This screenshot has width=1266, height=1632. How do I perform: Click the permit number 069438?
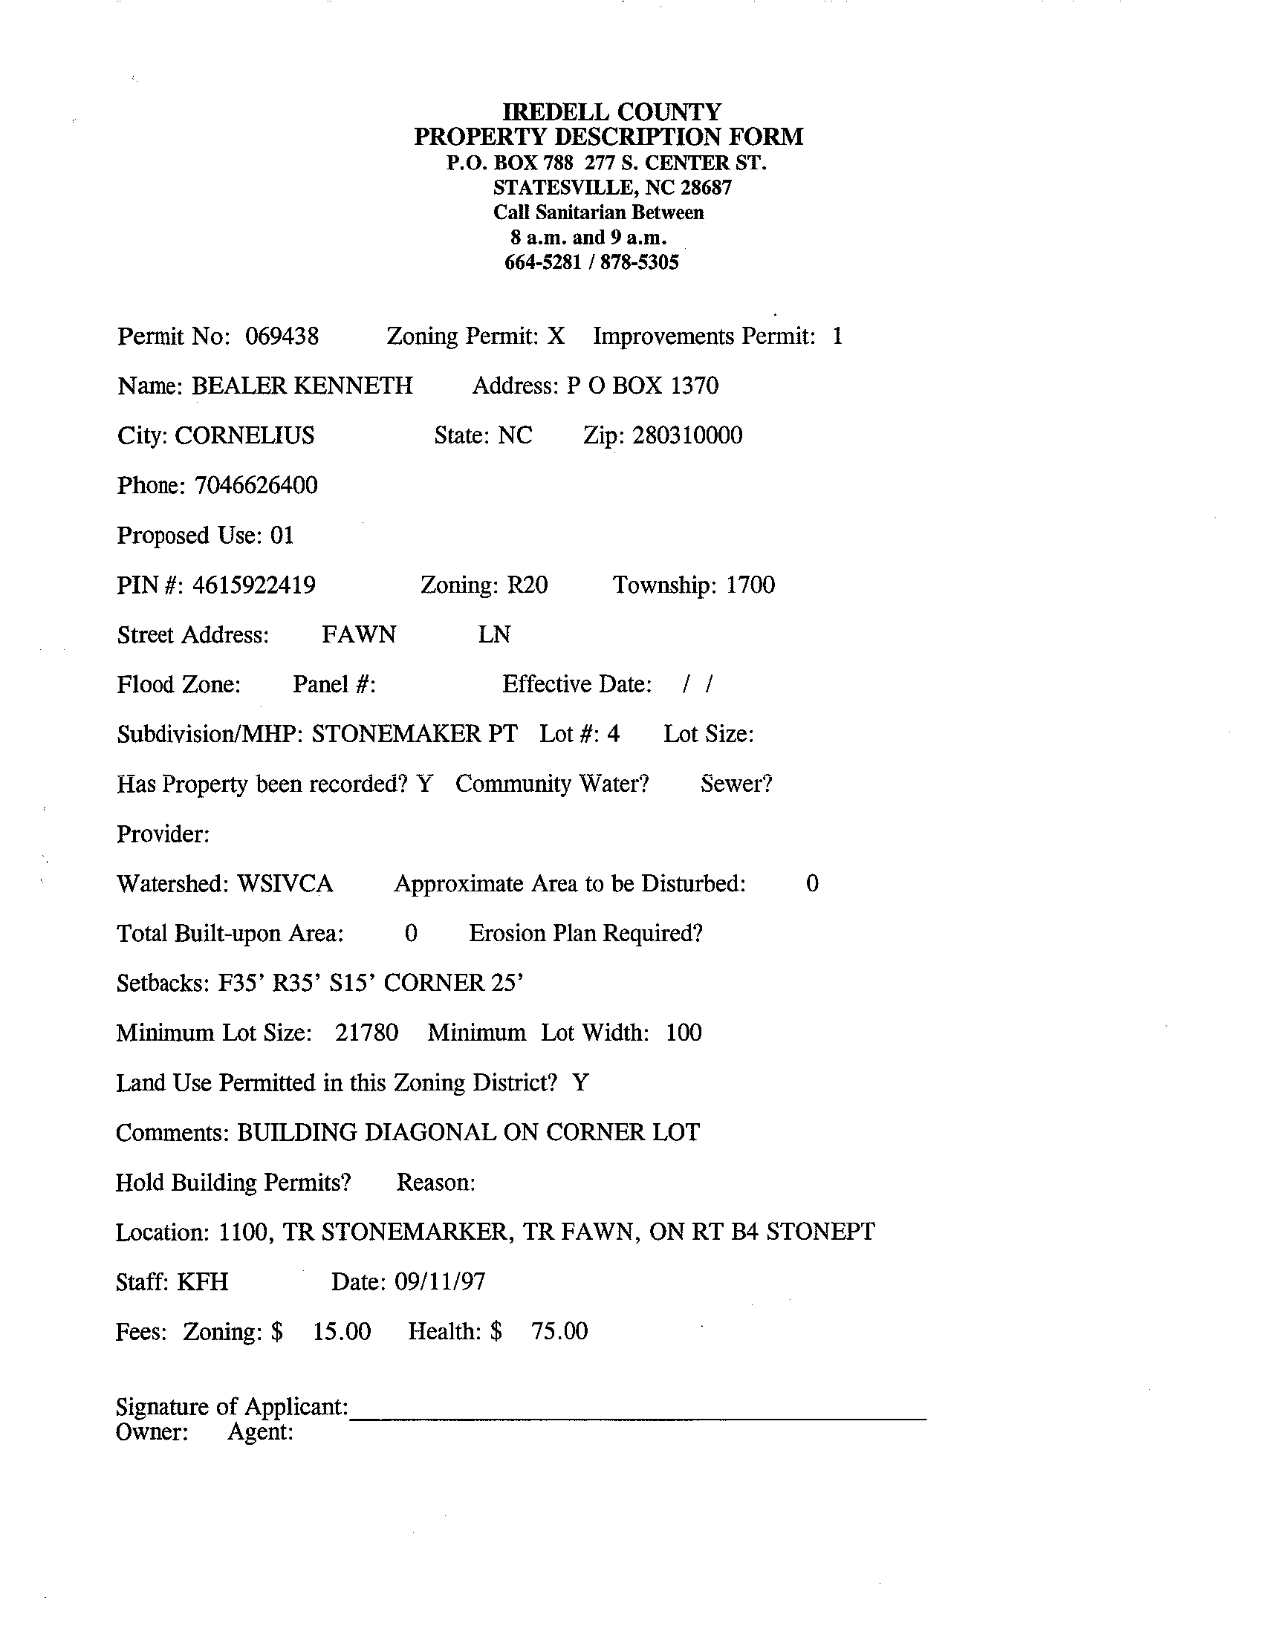[282, 337]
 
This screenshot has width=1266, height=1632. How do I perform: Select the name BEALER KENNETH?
[302, 386]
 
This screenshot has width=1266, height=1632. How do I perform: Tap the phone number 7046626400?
[256, 486]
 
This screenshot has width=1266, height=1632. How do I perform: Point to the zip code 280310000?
[686, 435]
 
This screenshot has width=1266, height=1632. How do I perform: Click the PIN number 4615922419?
[253, 585]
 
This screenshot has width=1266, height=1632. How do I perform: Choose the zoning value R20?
[527, 585]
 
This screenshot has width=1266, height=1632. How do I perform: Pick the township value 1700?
[750, 585]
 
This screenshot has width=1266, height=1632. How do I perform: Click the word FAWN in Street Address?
[359, 634]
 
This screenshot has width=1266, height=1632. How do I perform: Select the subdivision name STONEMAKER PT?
[414, 734]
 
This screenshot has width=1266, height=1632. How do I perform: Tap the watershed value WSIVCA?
[285, 884]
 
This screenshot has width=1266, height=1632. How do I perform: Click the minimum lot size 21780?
[366, 1033]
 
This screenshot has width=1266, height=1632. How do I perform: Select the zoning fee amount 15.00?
[341, 1332]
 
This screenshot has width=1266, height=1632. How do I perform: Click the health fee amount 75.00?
[559, 1332]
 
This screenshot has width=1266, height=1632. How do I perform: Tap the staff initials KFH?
[203, 1282]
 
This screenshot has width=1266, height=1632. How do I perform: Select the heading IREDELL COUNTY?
[611, 112]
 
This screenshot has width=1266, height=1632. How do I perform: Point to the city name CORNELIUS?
[244, 435]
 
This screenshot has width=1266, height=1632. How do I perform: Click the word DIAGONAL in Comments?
[429, 1132]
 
